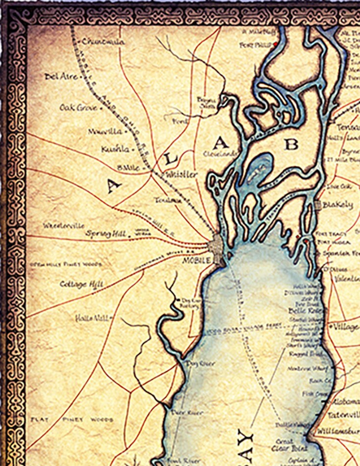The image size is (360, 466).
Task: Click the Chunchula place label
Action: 103,42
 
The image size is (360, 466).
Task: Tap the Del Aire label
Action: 61,77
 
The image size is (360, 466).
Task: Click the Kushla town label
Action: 116,149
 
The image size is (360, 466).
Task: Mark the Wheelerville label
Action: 64,226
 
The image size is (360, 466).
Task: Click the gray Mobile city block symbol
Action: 216,244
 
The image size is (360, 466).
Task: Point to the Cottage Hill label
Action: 81,284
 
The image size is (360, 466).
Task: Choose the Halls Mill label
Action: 91,318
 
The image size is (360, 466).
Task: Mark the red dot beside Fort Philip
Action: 276,44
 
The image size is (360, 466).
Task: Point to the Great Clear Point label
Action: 291,444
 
